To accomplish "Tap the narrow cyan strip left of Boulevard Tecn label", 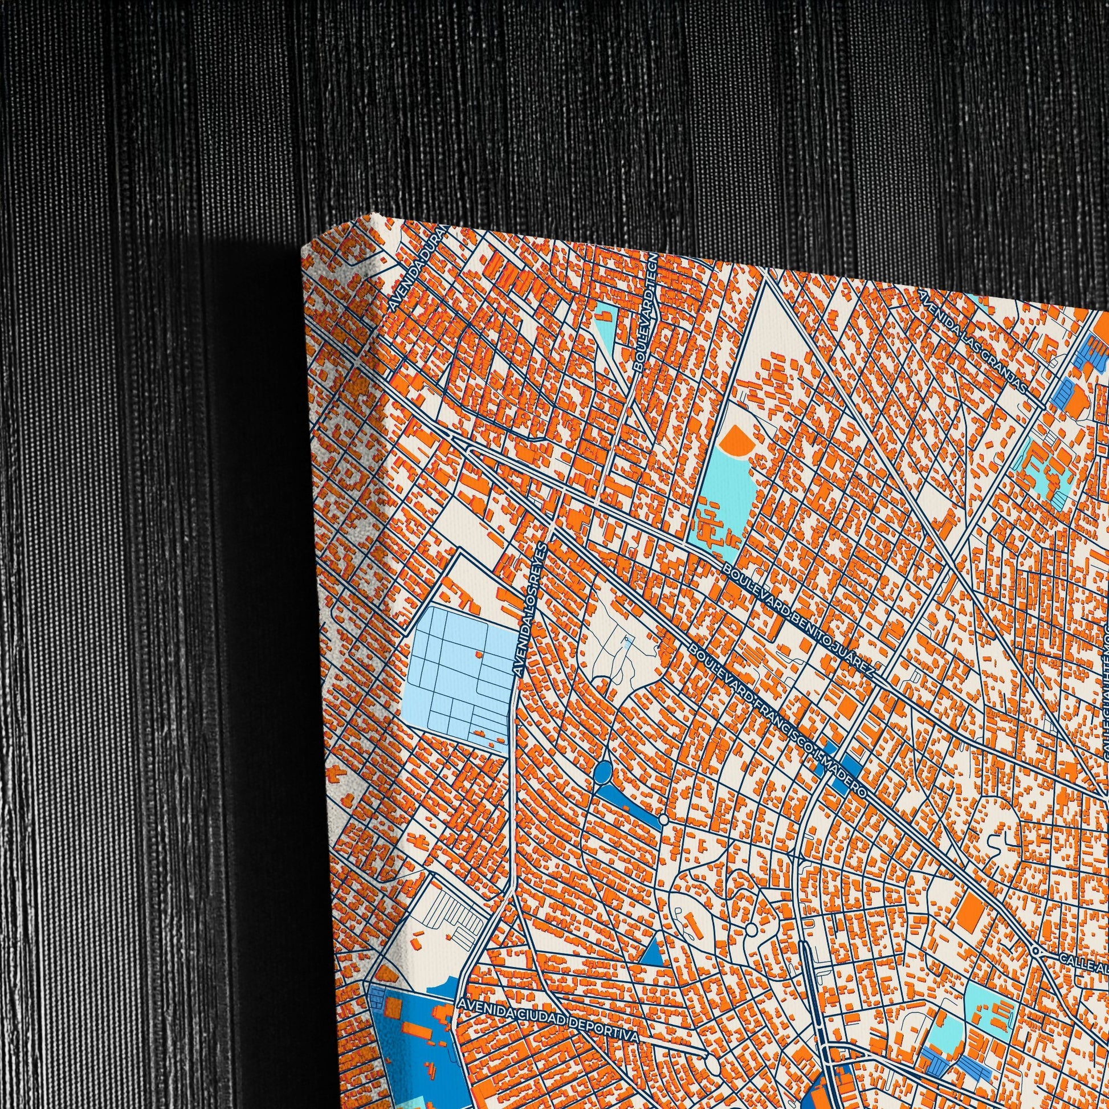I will coord(606,327).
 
